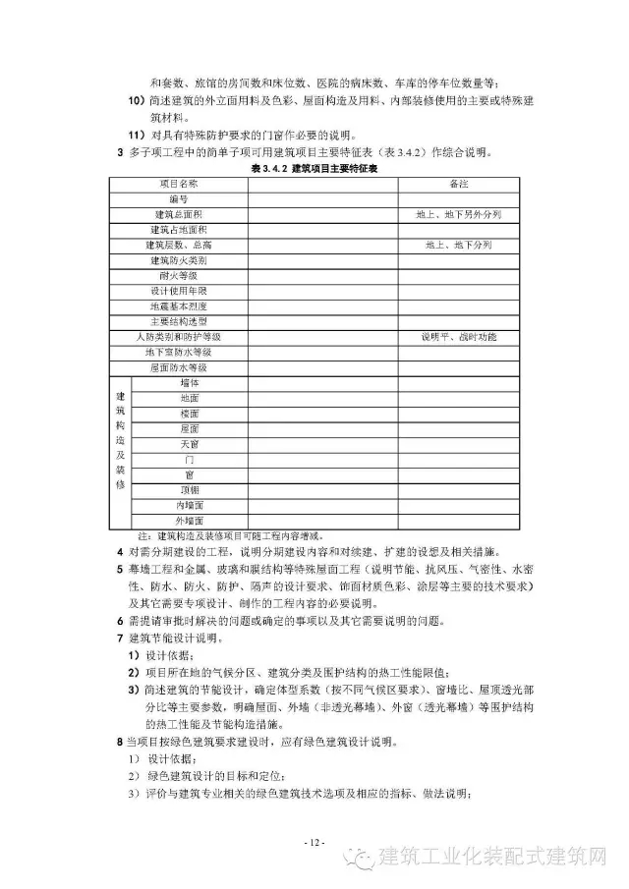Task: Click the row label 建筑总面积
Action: pyautogui.click(x=178, y=214)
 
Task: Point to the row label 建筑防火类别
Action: pyautogui.click(x=178, y=260)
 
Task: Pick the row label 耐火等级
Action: pyautogui.click(x=178, y=276)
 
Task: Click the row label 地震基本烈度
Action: pyautogui.click(x=178, y=306)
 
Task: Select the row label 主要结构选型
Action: pyautogui.click(x=178, y=321)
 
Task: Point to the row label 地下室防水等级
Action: pyautogui.click(x=178, y=352)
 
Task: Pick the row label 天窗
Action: pyautogui.click(x=190, y=444)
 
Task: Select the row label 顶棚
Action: pyautogui.click(x=190, y=489)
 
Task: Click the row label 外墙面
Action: pyautogui.click(x=190, y=520)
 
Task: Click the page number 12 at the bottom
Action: pyautogui.click(x=314, y=843)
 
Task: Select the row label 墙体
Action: pyautogui.click(x=190, y=382)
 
